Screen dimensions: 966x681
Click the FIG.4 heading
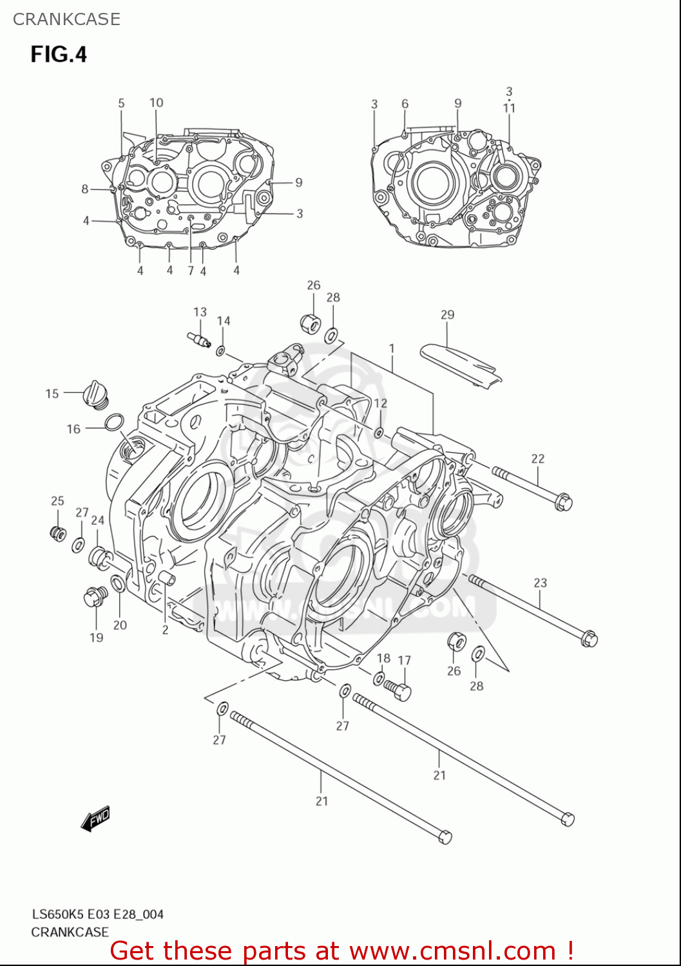59,54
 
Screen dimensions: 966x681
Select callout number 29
447,314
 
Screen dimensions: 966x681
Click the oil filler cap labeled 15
95,394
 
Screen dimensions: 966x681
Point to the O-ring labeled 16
113,422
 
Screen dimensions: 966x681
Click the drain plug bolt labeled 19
96,597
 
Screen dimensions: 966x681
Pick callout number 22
537,459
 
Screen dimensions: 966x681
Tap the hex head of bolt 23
589,639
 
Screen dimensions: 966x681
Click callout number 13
200,312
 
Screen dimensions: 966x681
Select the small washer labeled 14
220,351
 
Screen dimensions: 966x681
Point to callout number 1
391,348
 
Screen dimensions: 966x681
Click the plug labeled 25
58,533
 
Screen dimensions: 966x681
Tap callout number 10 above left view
156,102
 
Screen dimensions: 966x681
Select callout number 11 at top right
509,108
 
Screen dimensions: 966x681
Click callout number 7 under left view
191,271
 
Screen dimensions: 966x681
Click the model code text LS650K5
58,914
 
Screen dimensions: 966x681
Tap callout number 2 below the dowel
165,629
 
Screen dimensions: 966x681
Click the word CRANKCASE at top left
66,19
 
